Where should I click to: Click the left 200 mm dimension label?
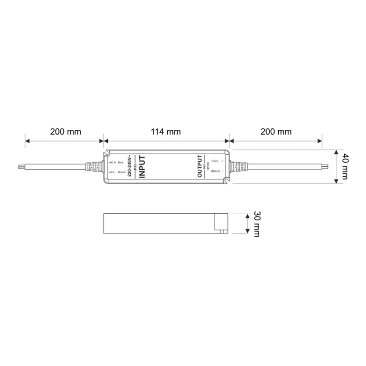click(x=65, y=132)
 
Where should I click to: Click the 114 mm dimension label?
click(x=166, y=132)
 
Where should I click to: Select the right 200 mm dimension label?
click(x=276, y=132)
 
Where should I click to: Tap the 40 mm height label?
click(x=345, y=167)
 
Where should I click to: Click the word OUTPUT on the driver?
click(x=199, y=167)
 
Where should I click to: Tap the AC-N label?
click(x=113, y=161)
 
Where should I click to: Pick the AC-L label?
click(x=112, y=172)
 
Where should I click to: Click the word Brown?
click(x=122, y=172)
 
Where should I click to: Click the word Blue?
click(x=121, y=161)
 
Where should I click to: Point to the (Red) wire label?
click(x=215, y=161)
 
